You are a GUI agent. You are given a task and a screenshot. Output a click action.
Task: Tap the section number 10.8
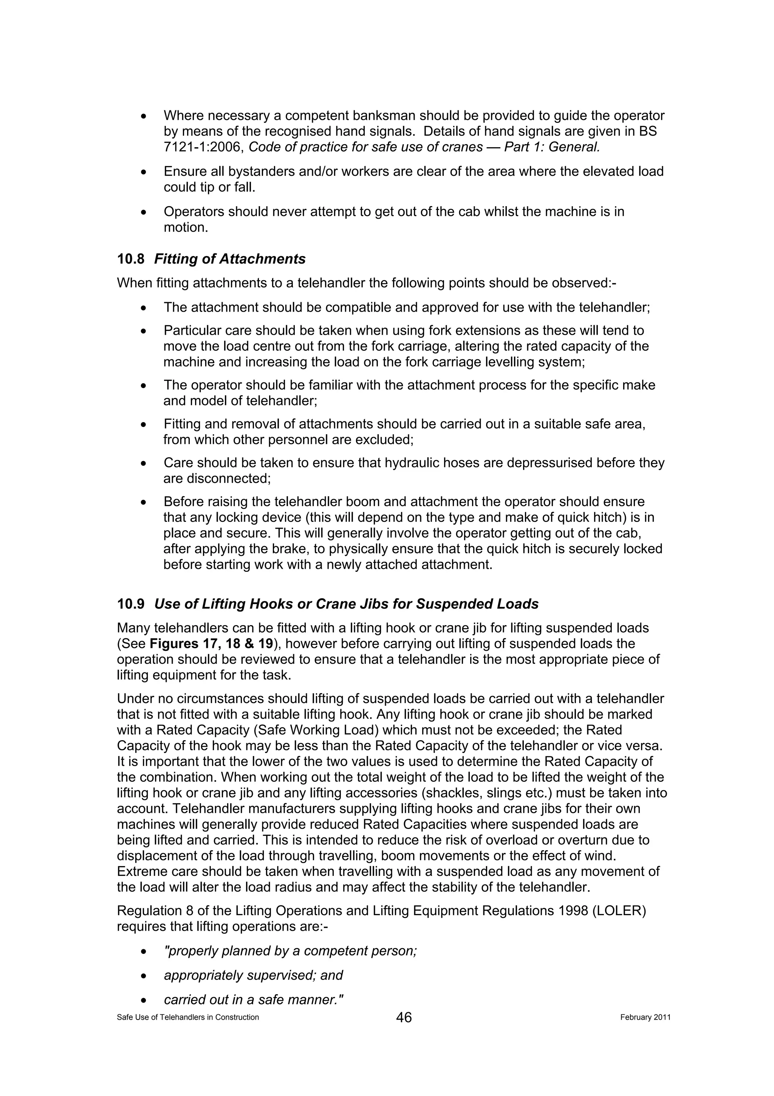[x=131, y=259]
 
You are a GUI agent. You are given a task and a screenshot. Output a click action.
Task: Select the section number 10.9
[x=131, y=604]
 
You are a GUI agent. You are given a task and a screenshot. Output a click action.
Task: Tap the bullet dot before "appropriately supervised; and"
[x=143, y=976]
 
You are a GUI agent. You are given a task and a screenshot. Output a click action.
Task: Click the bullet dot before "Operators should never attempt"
[x=143, y=212]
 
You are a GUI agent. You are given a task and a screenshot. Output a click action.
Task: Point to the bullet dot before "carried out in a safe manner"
[x=143, y=1000]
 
